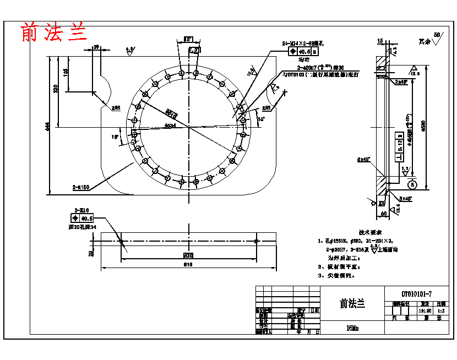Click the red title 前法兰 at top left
tap(55, 32)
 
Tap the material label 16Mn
tap(352, 328)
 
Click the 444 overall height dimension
tap(48, 126)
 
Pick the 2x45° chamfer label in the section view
tap(401, 81)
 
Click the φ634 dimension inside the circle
tap(170, 126)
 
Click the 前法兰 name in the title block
tap(352, 303)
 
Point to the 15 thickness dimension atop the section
tap(380, 41)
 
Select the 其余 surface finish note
tap(423, 41)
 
